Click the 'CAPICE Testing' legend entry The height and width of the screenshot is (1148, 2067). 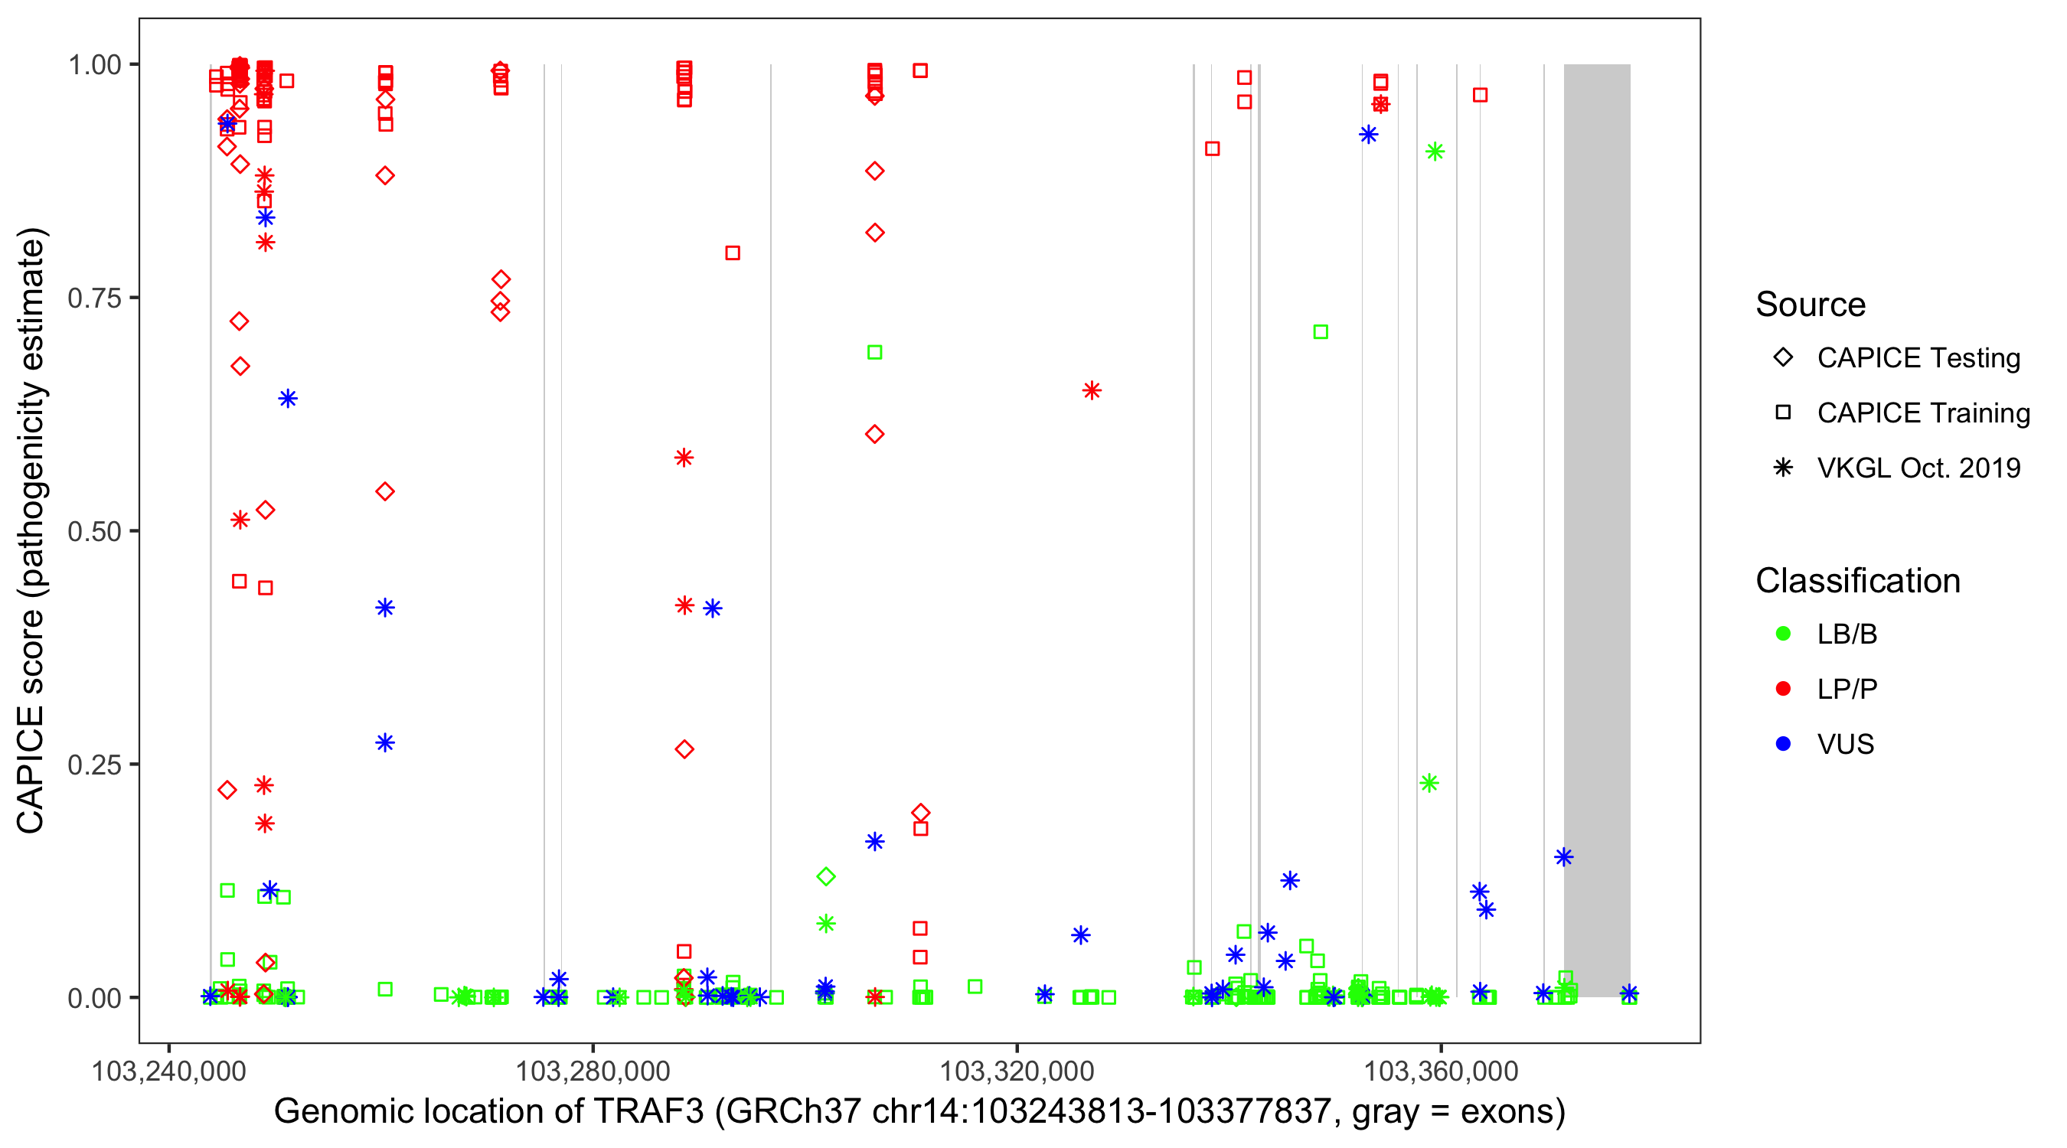[x=1918, y=358]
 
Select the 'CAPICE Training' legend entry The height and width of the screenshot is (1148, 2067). [x=1922, y=413]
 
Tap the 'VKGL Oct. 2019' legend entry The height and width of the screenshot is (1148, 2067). [x=1918, y=468]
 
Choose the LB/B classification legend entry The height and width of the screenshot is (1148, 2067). [x=1847, y=634]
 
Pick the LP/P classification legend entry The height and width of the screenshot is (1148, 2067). [x=1847, y=689]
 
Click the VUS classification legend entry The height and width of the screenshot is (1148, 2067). [x=1845, y=745]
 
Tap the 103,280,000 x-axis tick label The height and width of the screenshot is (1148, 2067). [x=593, y=1071]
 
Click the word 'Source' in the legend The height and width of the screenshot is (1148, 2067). [x=1811, y=305]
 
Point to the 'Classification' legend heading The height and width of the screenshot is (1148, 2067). [x=1857, y=581]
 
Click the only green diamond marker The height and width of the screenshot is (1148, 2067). [x=826, y=877]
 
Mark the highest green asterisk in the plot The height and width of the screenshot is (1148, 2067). [x=1435, y=152]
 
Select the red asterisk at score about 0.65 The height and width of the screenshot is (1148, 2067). [x=1091, y=390]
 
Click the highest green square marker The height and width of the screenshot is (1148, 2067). [x=1321, y=332]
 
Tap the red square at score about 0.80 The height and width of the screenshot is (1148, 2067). [x=733, y=253]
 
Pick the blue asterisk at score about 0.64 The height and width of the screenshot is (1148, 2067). [x=288, y=399]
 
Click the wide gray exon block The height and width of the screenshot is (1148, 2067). [x=1597, y=530]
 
